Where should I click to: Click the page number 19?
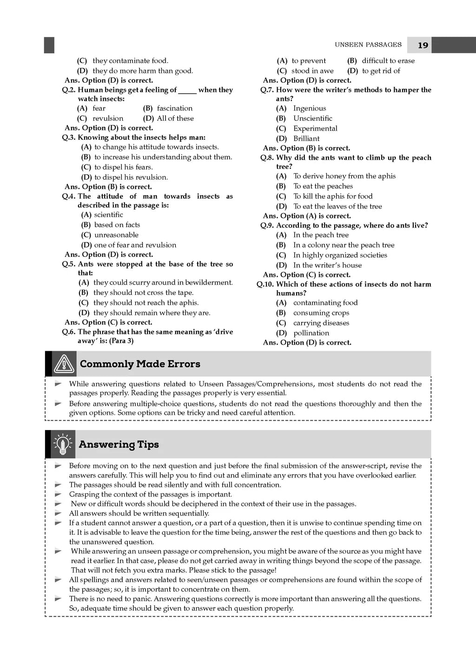coord(423,45)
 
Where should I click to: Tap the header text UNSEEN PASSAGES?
coord(368,45)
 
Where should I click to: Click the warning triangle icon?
coord(64,364)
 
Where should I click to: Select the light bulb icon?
coord(62,445)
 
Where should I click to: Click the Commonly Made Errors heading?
coord(140,364)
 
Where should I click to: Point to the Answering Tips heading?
coord(119,445)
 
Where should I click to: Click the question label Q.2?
coord(69,90)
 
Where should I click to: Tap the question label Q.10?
coord(265,284)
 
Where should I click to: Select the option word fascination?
coord(174,108)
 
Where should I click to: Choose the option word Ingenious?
coord(310,108)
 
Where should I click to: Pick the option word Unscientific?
coord(312,118)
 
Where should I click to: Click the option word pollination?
coord(311,333)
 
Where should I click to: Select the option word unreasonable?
coord(116,235)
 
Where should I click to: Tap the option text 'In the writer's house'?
coord(327,265)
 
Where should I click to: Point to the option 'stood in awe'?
coord(312,71)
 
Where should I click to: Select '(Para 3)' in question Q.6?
coord(121,341)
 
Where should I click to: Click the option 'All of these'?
coord(175,118)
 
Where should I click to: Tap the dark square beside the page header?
coord(49,45)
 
